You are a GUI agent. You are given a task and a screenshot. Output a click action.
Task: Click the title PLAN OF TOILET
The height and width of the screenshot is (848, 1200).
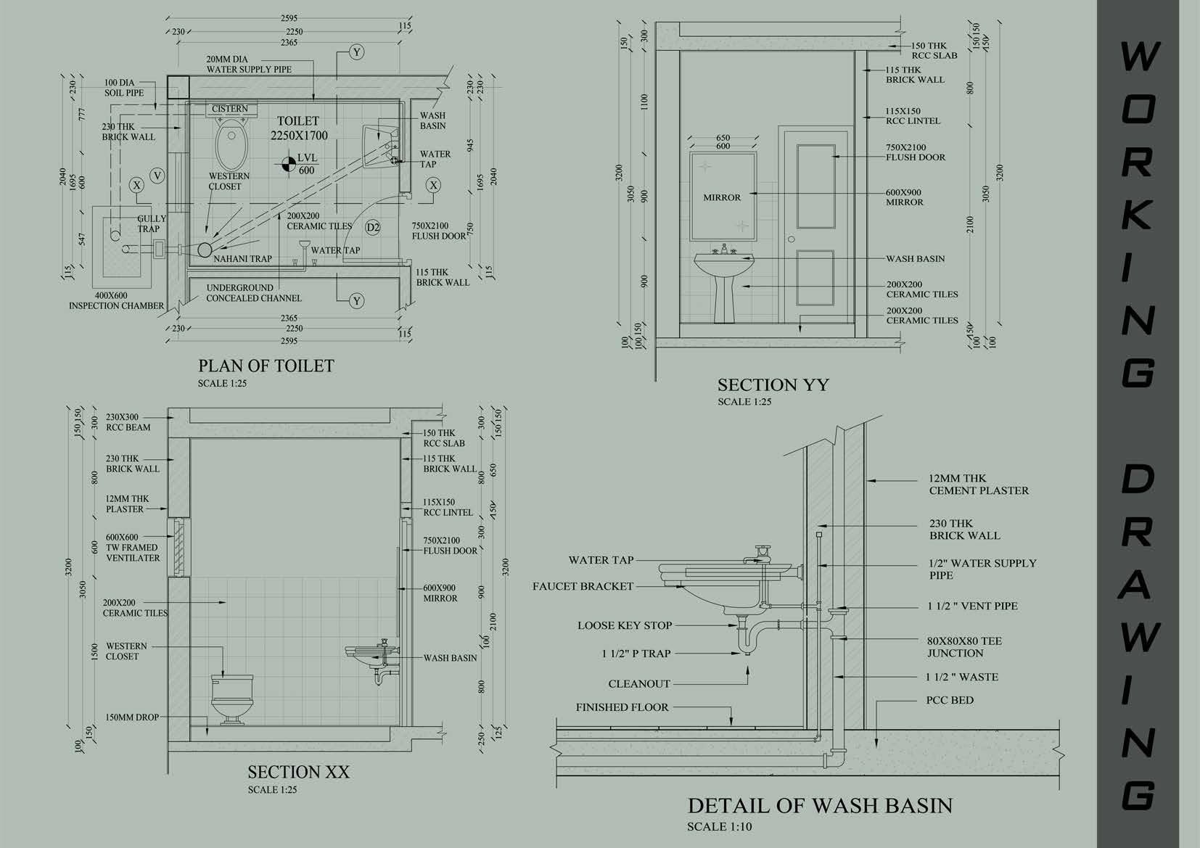(x=266, y=366)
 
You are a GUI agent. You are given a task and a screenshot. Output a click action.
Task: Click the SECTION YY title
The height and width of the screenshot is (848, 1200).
(x=773, y=384)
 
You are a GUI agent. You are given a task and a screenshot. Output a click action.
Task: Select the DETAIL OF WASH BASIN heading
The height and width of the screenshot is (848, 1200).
(x=820, y=806)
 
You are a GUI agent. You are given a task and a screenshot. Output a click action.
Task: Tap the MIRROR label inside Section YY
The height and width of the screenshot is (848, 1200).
(x=722, y=197)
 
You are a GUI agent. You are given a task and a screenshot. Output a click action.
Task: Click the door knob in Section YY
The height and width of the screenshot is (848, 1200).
(x=792, y=239)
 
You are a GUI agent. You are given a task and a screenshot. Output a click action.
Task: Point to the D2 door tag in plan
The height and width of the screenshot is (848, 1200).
(x=373, y=227)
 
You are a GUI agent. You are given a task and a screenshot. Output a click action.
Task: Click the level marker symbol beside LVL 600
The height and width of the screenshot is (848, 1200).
(x=288, y=164)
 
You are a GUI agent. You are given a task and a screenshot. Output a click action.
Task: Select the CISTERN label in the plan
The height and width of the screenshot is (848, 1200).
(x=230, y=109)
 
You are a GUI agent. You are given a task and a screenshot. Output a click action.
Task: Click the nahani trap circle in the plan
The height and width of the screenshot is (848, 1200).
(x=205, y=249)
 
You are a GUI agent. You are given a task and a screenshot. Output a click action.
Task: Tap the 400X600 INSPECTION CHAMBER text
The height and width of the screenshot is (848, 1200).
(x=116, y=300)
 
